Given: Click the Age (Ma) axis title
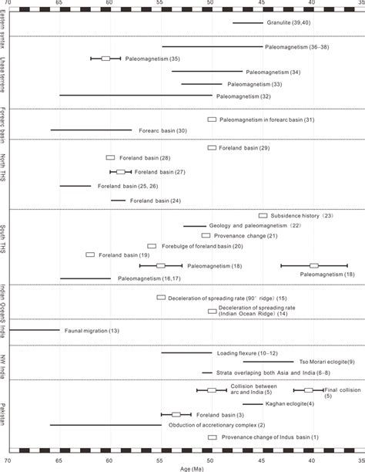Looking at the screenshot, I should point(182,467).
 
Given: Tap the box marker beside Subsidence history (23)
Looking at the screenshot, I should point(263,216).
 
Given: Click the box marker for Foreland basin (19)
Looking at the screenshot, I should point(90,255).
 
